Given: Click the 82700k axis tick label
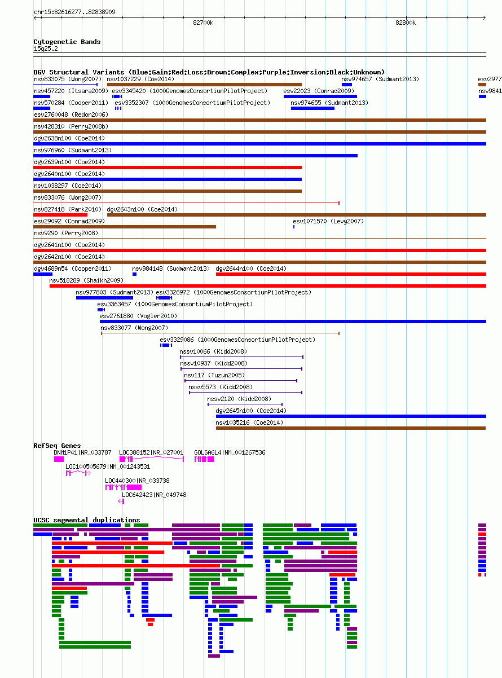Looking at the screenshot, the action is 203,23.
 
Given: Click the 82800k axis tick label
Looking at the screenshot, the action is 406,23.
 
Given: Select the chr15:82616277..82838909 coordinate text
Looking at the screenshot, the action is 74,12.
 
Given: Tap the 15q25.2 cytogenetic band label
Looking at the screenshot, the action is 46,49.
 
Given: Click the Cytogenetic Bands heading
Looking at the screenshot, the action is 67,42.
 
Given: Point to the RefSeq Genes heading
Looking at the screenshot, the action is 57,446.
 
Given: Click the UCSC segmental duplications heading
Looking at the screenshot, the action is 87,520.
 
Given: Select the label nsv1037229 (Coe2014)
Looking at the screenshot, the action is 140,79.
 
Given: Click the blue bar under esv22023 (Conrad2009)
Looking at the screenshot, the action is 320,96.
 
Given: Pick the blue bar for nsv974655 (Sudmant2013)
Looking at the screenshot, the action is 312,108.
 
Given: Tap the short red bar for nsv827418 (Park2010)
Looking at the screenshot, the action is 60,215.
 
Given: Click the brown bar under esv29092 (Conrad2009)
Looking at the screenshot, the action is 125,227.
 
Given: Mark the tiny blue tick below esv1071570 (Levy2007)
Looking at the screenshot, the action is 294,227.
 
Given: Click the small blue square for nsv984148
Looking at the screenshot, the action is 134,274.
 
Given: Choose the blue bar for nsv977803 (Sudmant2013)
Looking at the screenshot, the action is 104,298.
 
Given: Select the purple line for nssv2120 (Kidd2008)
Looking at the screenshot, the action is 245,404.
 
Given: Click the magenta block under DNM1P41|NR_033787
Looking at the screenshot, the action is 59,459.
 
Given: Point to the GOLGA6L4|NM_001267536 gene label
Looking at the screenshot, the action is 230,452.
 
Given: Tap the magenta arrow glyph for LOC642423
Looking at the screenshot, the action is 121,501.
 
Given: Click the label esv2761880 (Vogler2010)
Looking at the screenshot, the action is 138,316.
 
